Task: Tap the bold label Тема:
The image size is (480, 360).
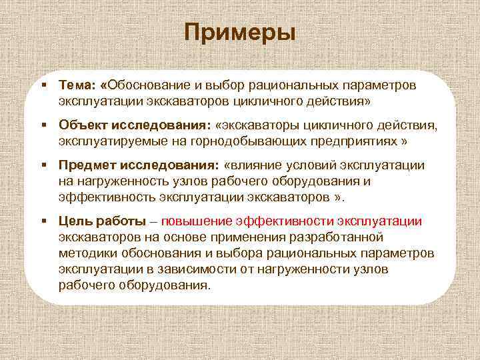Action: (76, 86)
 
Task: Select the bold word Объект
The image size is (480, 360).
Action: (81, 125)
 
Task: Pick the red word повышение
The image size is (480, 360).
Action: (205, 221)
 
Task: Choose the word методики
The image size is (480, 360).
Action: (86, 253)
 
